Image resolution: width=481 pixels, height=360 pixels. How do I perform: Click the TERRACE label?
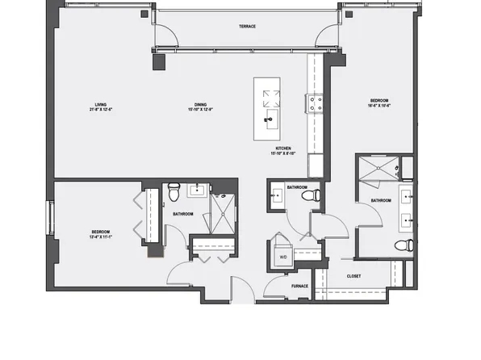point(247,27)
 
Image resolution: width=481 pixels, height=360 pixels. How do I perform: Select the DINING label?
point(200,103)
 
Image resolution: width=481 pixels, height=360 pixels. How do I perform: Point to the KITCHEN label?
point(283,149)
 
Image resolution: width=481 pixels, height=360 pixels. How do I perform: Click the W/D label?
point(283,257)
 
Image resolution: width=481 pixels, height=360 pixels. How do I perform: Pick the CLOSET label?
point(354,276)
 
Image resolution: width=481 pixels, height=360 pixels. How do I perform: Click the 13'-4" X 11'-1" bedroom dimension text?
point(102,236)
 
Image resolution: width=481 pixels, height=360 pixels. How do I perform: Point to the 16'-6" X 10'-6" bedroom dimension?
point(379,106)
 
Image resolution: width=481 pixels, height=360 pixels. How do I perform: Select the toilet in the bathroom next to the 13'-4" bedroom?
point(174,193)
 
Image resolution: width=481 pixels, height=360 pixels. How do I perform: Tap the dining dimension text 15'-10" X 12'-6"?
point(200,109)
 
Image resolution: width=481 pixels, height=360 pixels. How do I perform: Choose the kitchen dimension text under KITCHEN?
point(283,154)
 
